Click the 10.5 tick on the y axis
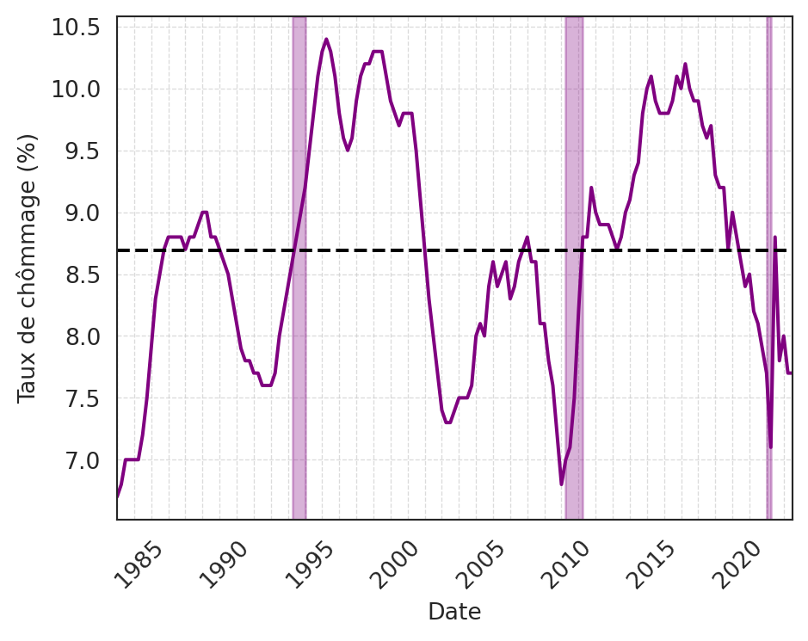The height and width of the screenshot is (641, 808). [76, 28]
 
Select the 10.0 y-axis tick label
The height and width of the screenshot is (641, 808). [76, 89]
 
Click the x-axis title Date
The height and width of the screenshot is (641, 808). [454, 612]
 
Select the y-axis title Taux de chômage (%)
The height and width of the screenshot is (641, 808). [28, 268]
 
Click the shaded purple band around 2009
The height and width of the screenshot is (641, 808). [574, 258]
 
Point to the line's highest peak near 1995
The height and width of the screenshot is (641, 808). [326, 40]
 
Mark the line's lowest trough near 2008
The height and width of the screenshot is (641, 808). [562, 484]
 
